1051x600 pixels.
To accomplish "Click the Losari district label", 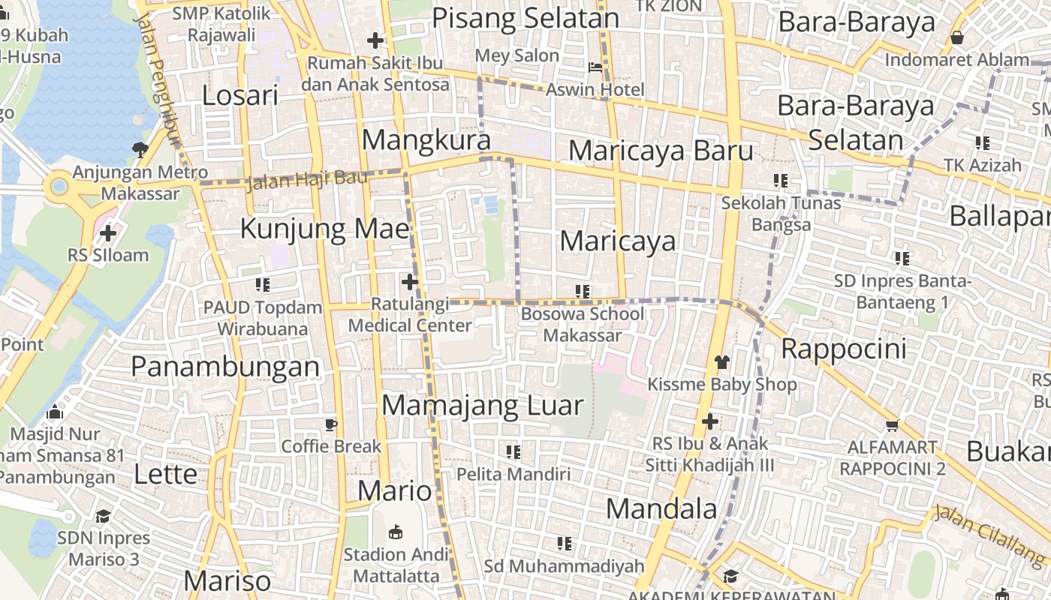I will point(240,95).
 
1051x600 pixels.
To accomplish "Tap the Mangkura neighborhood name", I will point(426,139).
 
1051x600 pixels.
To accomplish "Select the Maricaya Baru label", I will point(661,151).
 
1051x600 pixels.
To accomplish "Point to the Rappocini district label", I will point(844,349).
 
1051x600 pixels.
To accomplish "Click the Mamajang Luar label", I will point(483,406).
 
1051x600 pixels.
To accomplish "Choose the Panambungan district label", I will point(225,366).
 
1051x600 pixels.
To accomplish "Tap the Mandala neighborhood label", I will point(661,508).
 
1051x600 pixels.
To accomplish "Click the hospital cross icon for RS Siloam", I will point(108,233).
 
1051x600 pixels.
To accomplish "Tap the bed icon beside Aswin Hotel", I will point(595,67).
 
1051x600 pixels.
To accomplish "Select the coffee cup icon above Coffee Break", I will point(331,424).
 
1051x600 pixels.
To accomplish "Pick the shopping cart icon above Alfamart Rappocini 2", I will point(893,425).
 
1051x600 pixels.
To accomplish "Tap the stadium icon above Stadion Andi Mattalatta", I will point(395,532).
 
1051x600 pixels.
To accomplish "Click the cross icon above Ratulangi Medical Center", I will point(410,282).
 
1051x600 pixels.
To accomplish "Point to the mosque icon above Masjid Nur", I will point(55,412).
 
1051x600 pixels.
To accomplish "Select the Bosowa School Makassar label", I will point(583,324).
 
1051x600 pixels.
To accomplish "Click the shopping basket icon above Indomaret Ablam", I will point(957,37).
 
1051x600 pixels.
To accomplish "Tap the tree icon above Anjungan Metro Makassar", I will point(140,149).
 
